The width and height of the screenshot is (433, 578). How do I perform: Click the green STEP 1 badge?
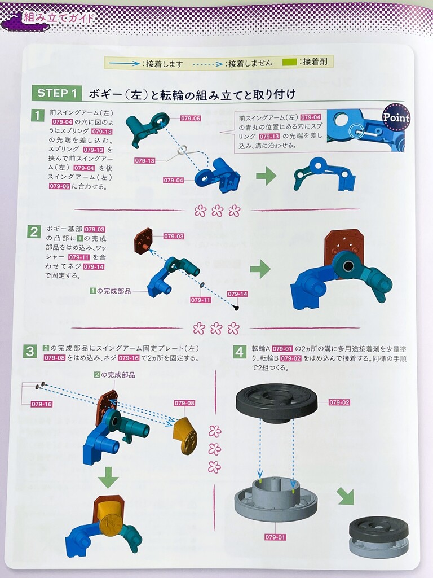[56, 93]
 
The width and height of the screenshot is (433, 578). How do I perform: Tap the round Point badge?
[396, 117]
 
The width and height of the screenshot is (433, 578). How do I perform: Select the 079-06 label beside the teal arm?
[191, 119]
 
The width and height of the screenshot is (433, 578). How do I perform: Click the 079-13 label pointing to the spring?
[145, 161]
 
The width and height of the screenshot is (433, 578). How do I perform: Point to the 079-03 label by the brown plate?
[174, 237]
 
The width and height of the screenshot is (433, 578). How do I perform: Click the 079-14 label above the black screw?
[237, 294]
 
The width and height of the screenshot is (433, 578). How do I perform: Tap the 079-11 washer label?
[201, 300]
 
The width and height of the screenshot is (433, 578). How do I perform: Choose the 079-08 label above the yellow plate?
[184, 403]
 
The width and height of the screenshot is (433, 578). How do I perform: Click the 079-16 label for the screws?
[42, 404]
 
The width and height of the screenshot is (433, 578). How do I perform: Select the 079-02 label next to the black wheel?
[339, 402]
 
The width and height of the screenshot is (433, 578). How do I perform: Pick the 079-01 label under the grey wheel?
[275, 537]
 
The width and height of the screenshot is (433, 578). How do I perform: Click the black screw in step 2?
[237, 308]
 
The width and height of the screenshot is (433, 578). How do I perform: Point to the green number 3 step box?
[30, 351]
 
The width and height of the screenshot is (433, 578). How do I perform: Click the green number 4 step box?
[240, 352]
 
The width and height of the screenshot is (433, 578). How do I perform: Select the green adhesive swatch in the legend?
[289, 62]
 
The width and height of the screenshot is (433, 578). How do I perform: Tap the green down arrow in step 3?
[108, 477]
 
